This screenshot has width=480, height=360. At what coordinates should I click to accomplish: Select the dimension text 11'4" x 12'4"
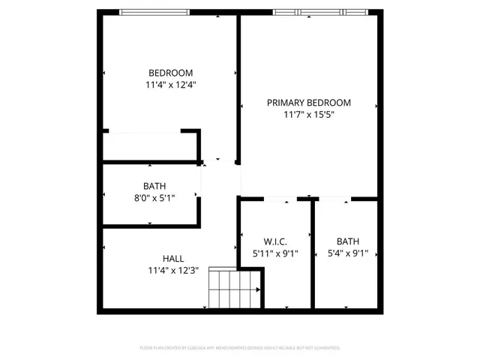pos(172,85)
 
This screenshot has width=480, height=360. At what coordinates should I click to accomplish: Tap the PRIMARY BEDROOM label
pos(308,103)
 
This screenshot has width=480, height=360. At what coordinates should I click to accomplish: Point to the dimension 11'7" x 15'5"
pos(308,115)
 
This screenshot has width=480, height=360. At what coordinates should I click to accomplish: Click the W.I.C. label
pos(275,241)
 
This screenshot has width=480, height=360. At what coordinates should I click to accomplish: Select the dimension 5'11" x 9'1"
pos(275,253)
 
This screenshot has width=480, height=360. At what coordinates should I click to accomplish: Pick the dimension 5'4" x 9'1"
pos(347,253)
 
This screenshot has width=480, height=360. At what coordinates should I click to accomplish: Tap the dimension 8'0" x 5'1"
pos(154,198)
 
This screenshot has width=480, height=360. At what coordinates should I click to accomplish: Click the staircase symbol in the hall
pos(233,288)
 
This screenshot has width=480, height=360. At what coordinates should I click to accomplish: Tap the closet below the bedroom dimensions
pos(150,145)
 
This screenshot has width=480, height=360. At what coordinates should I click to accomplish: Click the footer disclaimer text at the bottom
pos(240,348)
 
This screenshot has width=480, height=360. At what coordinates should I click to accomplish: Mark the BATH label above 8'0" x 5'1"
pos(154,186)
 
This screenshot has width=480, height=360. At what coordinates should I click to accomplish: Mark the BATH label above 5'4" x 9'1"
pos(347,241)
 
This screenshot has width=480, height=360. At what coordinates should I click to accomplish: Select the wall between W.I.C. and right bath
pos(312,255)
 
